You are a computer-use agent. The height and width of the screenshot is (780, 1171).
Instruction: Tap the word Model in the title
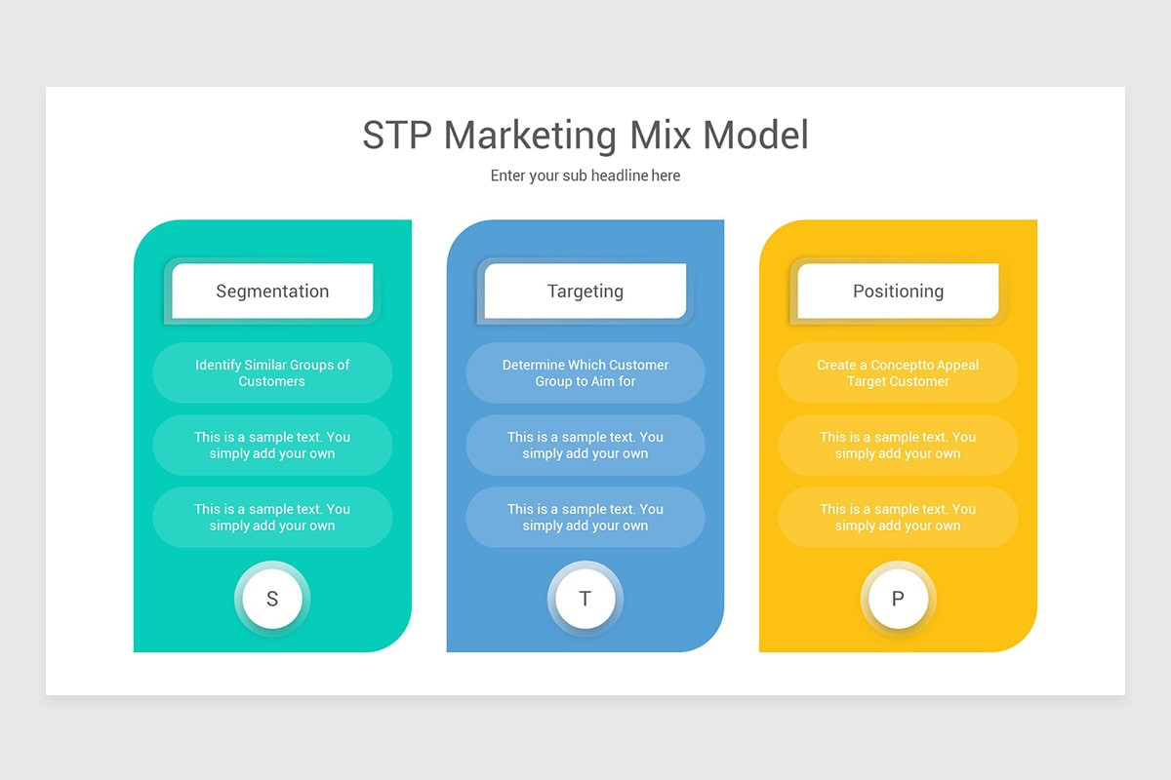[x=756, y=135]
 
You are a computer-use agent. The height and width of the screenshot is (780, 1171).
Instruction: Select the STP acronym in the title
[x=397, y=135]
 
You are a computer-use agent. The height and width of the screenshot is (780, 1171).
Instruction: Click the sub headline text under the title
[x=585, y=175]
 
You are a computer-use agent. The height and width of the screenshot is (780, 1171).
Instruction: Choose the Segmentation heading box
[x=272, y=291]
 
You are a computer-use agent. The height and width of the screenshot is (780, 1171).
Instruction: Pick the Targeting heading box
[x=585, y=291]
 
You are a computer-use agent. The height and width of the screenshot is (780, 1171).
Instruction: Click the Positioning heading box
[x=898, y=291]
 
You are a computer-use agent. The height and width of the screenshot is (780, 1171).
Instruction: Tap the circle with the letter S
[x=272, y=599]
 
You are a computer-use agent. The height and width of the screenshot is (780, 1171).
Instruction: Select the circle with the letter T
[x=585, y=599]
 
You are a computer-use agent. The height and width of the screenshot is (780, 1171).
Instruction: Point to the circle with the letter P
[x=898, y=599]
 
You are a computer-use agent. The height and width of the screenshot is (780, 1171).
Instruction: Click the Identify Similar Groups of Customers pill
[x=272, y=372]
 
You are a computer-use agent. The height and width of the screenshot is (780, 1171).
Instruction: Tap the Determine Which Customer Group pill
[x=585, y=372]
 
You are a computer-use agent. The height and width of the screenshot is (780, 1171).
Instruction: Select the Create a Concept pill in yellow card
[x=898, y=372]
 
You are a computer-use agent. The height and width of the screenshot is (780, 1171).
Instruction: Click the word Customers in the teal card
[x=272, y=381]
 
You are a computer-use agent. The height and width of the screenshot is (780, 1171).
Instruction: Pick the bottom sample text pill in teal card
[x=272, y=517]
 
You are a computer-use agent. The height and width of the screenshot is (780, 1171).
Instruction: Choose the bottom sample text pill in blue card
[x=585, y=517]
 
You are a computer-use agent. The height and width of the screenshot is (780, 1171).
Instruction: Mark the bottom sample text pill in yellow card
[x=898, y=517]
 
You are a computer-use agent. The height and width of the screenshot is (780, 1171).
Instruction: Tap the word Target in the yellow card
[x=868, y=381]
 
